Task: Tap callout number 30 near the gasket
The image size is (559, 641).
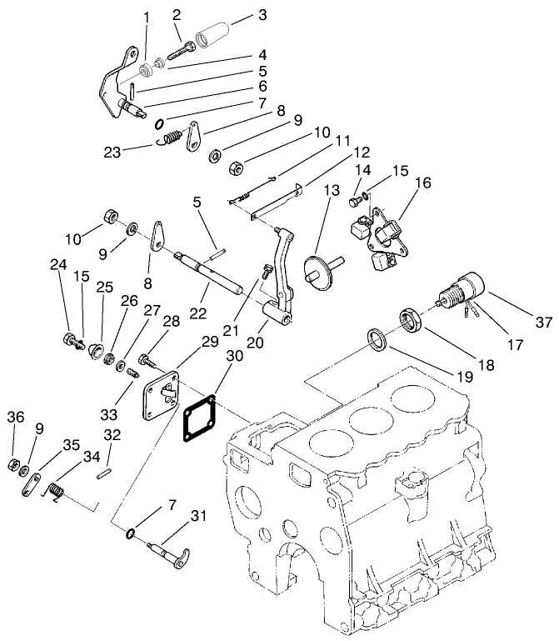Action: pyautogui.click(x=234, y=355)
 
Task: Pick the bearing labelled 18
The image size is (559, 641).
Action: pyautogui.click(x=411, y=319)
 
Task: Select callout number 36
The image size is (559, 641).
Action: pyautogui.click(x=14, y=417)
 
